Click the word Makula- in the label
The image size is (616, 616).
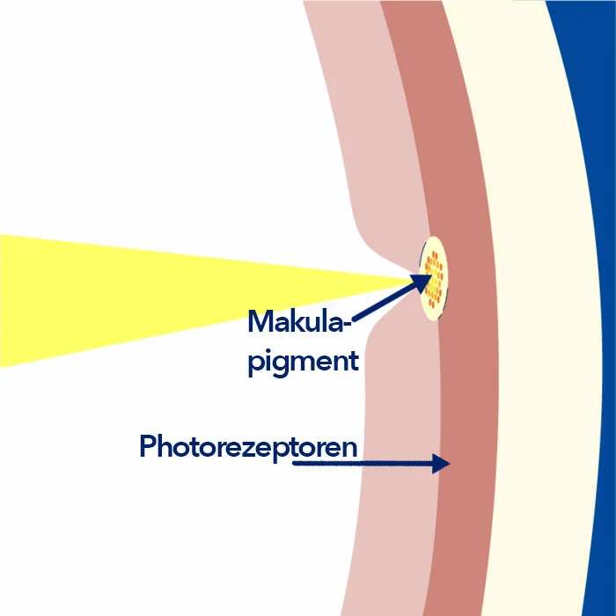pyautogui.click(x=300, y=321)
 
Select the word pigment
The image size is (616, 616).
pyautogui.click(x=304, y=362)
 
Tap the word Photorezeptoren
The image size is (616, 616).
pyautogui.click(x=248, y=448)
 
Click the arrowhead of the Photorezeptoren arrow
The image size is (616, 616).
pyautogui.click(x=441, y=464)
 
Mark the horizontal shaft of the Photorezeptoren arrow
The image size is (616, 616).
pyautogui.click(x=363, y=464)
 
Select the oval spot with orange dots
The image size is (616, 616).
pyautogui.click(x=434, y=278)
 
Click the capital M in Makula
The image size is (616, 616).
pyautogui.click(x=260, y=321)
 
